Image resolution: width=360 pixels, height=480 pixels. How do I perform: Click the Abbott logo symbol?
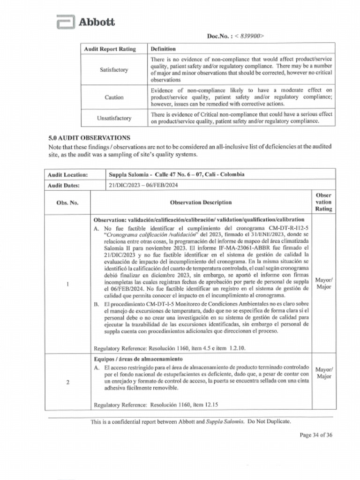[65, 22]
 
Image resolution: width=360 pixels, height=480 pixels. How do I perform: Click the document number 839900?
[250, 36]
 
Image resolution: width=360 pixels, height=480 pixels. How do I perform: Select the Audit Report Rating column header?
[110, 49]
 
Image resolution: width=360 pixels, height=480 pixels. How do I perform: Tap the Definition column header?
[163, 49]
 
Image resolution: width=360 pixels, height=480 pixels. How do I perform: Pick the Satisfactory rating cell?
[113, 70]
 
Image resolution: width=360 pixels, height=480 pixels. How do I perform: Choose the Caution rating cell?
[114, 97]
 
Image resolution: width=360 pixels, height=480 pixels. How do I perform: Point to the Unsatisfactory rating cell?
[114, 118]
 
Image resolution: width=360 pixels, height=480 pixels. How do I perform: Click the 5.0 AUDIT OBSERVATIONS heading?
[89, 138]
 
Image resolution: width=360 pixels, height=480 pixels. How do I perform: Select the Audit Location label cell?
[68, 174]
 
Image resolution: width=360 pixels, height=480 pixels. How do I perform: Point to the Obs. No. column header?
[67, 202]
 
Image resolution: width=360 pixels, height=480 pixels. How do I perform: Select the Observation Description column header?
[201, 202]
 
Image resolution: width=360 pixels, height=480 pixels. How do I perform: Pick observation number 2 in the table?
[68, 382]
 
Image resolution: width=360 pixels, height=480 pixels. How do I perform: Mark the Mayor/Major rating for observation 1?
[324, 284]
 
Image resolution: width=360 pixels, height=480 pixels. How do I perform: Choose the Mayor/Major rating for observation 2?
[324, 373]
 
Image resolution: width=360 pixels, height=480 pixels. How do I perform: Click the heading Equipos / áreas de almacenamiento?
[138, 359]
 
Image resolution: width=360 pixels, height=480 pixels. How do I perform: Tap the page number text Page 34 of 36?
[316, 435]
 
